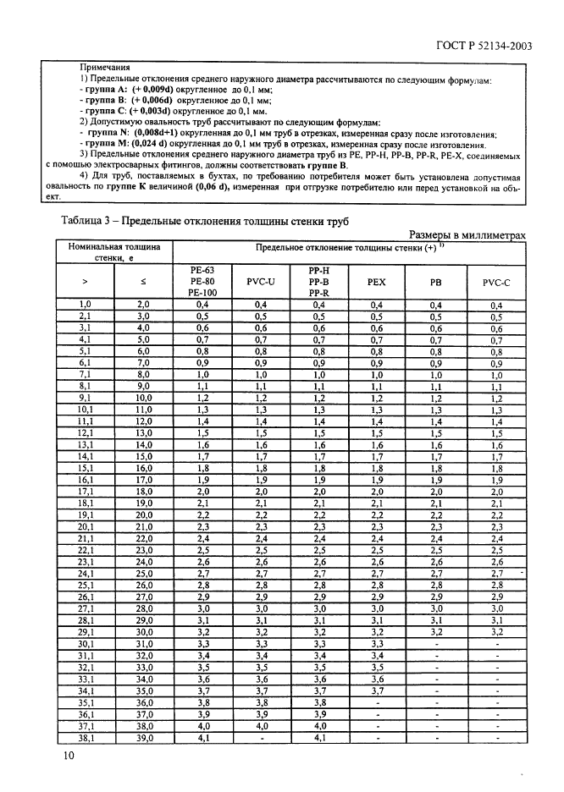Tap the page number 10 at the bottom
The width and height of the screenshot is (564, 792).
(66, 755)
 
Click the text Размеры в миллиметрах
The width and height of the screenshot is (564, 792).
(467, 234)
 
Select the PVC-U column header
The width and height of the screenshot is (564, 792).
(260, 280)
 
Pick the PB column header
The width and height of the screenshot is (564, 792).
(436, 280)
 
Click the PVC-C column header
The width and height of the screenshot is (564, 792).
(496, 280)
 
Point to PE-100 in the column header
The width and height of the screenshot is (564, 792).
(202, 292)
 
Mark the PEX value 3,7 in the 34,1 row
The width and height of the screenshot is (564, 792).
(377, 690)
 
